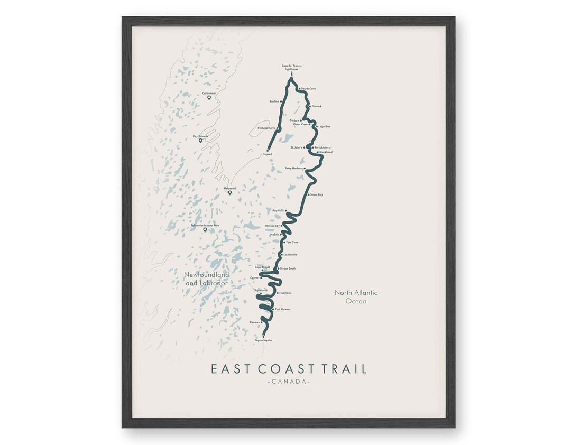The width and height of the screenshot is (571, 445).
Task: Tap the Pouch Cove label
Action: tap(308, 89)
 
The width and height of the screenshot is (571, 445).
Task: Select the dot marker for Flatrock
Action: tap(310, 106)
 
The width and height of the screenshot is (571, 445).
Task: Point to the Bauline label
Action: tap(274, 101)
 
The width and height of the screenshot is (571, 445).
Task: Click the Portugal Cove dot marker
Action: tap(278, 128)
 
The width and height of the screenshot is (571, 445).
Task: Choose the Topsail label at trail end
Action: tap(267, 154)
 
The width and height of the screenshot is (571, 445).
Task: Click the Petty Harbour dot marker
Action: tap(304, 168)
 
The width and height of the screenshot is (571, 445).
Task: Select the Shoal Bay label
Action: tap(317, 194)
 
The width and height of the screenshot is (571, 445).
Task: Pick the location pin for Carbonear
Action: tap(209, 98)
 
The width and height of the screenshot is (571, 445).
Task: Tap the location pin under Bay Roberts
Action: tap(200, 141)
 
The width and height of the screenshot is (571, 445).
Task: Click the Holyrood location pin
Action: tap(230, 192)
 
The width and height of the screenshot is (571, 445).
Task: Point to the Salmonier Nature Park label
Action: tap(205, 226)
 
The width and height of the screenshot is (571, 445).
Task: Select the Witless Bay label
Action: tap(273, 226)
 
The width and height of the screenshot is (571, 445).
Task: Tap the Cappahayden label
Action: tap(263, 340)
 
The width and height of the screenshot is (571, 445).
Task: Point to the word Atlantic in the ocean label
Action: tap(364, 293)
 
